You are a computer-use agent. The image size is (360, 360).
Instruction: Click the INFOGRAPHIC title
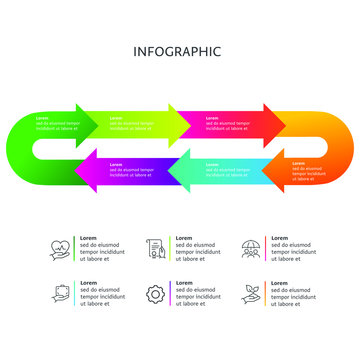177,51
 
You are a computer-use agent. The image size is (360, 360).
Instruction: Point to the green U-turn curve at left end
22,146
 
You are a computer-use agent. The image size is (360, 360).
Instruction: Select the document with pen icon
155,247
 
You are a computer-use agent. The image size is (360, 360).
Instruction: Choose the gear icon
155,294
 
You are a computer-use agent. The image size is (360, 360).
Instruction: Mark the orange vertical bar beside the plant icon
266,293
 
